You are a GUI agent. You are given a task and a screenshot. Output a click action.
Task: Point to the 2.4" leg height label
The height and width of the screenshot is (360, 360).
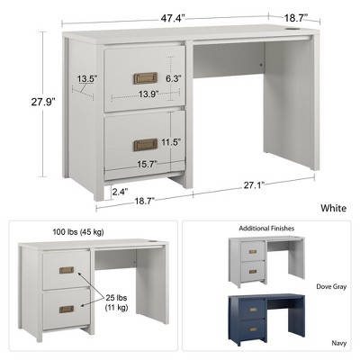coord(121,191)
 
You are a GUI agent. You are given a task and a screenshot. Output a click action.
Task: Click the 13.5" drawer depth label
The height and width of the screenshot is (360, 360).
coord(86,79)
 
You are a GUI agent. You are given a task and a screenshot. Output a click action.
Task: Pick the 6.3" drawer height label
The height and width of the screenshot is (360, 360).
coord(173,79)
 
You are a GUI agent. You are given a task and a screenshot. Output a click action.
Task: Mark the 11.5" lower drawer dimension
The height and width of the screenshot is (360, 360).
coord(171,142)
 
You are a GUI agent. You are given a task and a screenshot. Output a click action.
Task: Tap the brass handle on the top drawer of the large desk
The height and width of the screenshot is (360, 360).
coord(145,77)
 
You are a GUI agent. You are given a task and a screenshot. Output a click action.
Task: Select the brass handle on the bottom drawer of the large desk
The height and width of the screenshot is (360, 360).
coord(145,144)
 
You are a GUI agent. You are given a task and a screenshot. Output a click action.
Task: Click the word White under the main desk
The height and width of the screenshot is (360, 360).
coord(333,208)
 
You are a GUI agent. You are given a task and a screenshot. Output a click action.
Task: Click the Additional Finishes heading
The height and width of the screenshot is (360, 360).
coord(267,229)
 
